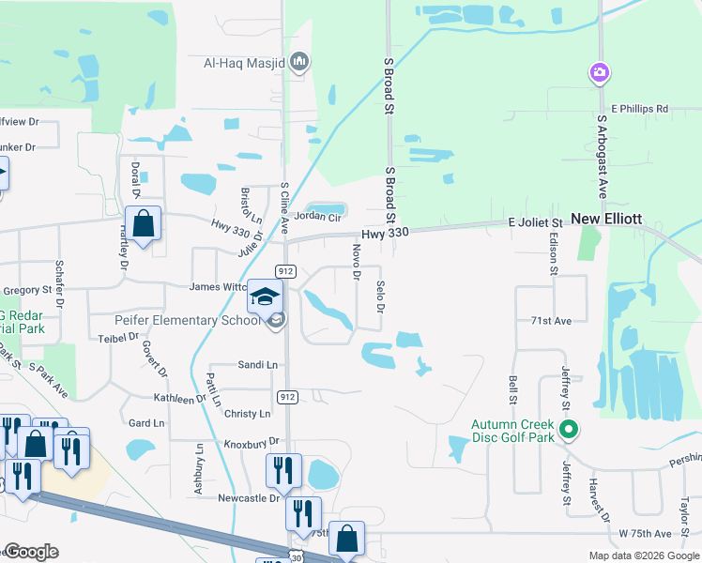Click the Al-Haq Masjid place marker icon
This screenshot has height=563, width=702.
(299, 63)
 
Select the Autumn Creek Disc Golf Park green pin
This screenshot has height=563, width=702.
(568, 430)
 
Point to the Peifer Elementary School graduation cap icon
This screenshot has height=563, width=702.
(265, 297)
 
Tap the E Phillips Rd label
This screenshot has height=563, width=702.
(640, 109)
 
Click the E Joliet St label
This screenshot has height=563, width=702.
(534, 222)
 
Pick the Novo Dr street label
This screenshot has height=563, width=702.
(357, 262)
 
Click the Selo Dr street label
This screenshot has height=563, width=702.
(380, 296)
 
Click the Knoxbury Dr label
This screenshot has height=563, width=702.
(252, 441)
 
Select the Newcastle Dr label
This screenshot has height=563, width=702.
(249, 498)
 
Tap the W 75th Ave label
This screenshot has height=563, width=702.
(645, 534)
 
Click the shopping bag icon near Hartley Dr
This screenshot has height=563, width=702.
(143, 224)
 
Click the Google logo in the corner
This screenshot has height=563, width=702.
(31, 552)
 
